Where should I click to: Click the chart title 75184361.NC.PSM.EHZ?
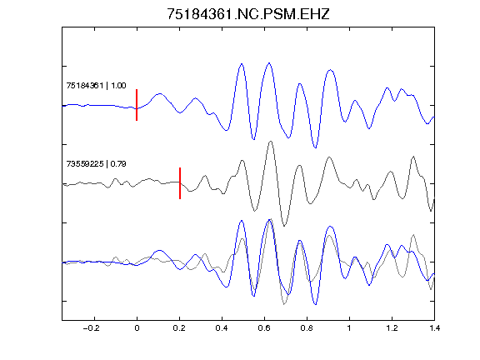(248, 14)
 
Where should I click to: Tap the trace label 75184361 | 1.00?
(96, 85)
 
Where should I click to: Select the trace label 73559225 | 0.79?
(96, 164)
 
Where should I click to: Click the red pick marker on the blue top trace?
(137, 105)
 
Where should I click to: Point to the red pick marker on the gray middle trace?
(180, 183)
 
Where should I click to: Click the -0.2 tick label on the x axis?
(92, 328)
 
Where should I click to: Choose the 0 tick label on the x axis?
(137, 328)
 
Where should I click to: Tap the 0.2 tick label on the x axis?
(179, 328)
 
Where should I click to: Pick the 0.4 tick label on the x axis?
(222, 328)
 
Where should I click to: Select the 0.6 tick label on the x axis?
(264, 328)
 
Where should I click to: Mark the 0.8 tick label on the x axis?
(307, 328)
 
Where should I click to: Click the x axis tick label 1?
(349, 328)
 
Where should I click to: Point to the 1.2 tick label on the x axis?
(392, 328)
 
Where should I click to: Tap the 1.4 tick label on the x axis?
(434, 328)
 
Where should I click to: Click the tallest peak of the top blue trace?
(269, 63)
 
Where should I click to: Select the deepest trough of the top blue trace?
(315, 147)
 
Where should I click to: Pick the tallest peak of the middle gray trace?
(270, 141)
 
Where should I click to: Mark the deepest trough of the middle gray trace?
(284, 226)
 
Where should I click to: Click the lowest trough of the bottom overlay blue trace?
(316, 305)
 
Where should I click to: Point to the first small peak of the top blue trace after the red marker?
(159, 93)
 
